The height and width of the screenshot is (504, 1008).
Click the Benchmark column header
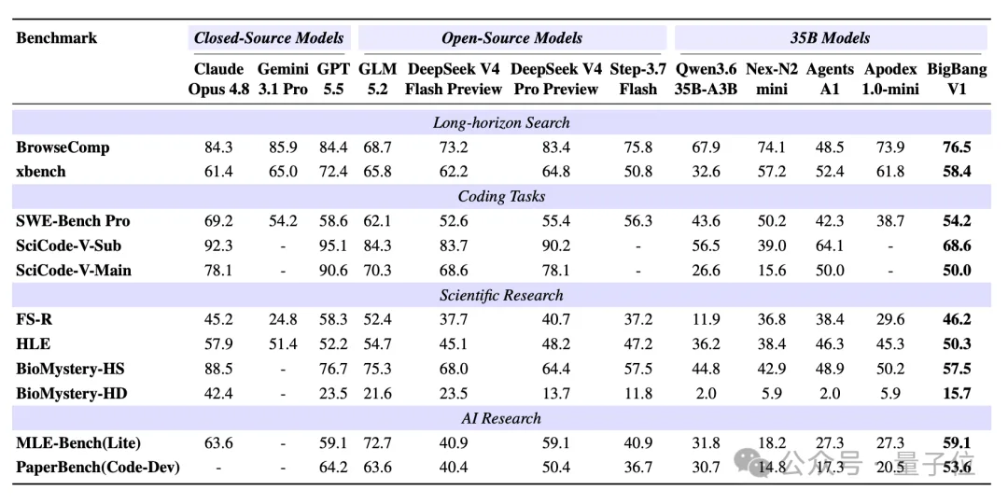pyautogui.click(x=57, y=38)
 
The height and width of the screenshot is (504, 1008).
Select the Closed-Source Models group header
pyautogui.click(x=269, y=38)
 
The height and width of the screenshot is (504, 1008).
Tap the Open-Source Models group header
pyautogui.click(x=511, y=38)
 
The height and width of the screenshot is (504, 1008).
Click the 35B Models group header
pyautogui.click(x=830, y=38)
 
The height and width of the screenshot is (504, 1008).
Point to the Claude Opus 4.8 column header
pyautogui.click(x=218, y=79)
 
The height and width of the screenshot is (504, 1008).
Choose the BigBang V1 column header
pyautogui.click(x=957, y=79)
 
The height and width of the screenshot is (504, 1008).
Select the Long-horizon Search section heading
pyautogui.click(x=501, y=122)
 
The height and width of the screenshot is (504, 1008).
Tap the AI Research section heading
pyautogui.click(x=501, y=418)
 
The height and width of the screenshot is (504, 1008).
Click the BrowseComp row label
pyautogui.click(x=63, y=147)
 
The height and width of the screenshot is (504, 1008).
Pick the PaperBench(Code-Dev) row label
pyautogui.click(x=98, y=468)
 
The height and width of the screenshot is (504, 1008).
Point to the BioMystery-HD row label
pyautogui.click(x=71, y=394)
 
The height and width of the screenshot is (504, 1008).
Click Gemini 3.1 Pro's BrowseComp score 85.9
pyautogui.click(x=283, y=147)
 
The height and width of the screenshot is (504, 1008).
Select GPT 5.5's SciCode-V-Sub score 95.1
pyautogui.click(x=333, y=245)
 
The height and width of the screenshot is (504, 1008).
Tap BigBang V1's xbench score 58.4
pyautogui.click(x=957, y=172)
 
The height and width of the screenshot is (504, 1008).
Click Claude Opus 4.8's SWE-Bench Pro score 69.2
pyautogui.click(x=218, y=221)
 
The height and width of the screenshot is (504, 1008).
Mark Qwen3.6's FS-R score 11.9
pyautogui.click(x=706, y=319)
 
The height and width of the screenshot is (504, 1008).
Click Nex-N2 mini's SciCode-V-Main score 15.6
pyautogui.click(x=772, y=270)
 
